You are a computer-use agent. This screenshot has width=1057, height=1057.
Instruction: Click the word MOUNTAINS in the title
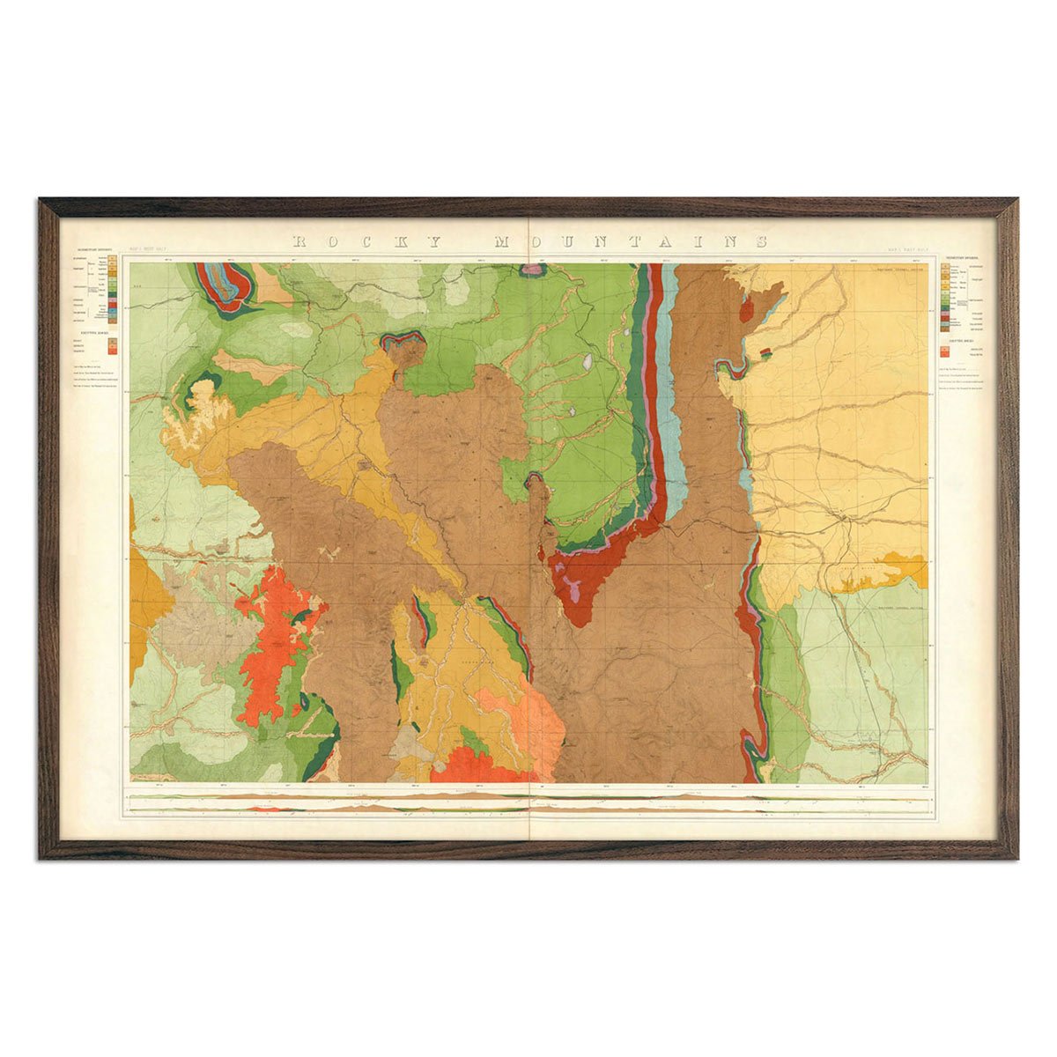[630, 241]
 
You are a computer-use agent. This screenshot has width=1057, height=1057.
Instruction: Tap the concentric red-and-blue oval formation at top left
[224, 284]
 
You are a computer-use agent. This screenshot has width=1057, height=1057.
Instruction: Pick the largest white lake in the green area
[588, 361]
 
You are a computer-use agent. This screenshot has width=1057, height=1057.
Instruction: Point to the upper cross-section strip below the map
[528, 796]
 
